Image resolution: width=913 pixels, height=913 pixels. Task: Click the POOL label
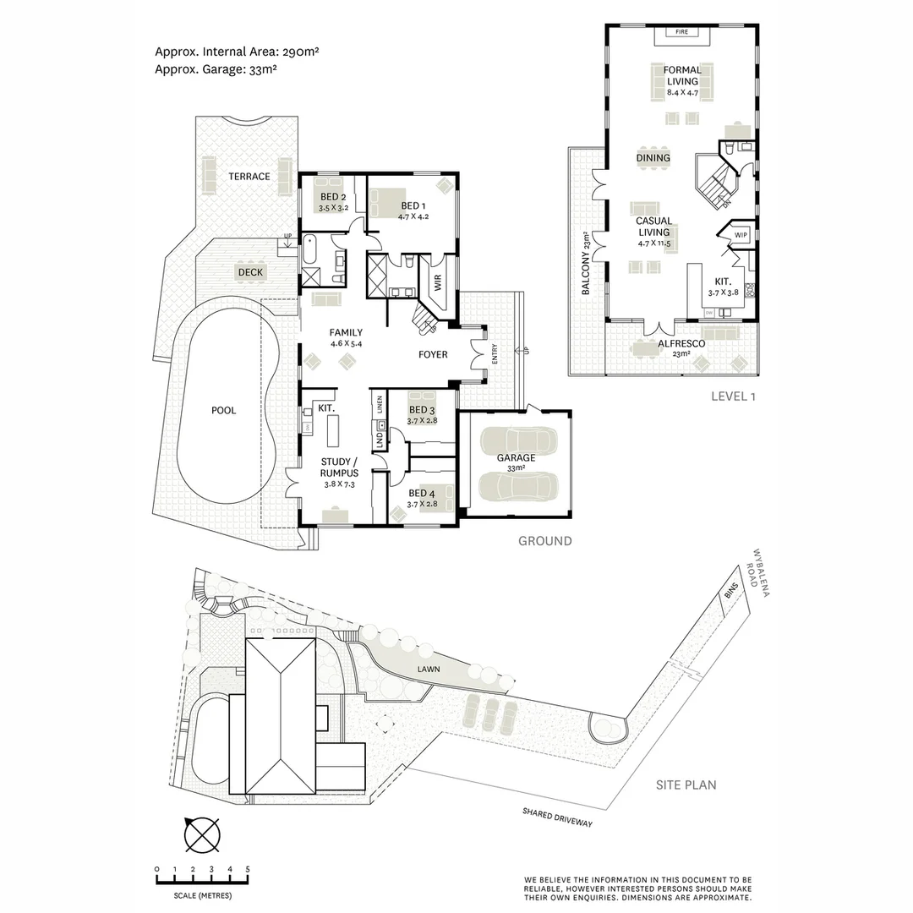(x=223, y=411)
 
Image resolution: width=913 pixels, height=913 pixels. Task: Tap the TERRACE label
(x=249, y=177)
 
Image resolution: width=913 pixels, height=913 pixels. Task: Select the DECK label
(x=250, y=272)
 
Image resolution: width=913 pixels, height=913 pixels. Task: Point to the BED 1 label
(x=413, y=205)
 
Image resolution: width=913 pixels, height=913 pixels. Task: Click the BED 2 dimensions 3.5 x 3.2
(x=334, y=207)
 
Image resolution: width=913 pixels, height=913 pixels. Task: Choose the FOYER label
(x=433, y=354)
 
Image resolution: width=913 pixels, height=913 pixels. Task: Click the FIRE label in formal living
(x=681, y=32)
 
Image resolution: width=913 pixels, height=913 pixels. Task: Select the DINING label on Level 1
(x=653, y=158)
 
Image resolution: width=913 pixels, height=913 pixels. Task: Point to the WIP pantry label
(x=741, y=234)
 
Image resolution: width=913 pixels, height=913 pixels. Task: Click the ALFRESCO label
(x=681, y=344)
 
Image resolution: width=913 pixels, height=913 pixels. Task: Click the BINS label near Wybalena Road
(x=731, y=591)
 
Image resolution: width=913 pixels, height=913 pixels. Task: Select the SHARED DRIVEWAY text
(x=557, y=819)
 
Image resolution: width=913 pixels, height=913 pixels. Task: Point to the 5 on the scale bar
(x=248, y=869)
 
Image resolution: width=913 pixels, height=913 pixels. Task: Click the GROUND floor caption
(x=544, y=541)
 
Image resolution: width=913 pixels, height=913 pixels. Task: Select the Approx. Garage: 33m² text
(x=216, y=69)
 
